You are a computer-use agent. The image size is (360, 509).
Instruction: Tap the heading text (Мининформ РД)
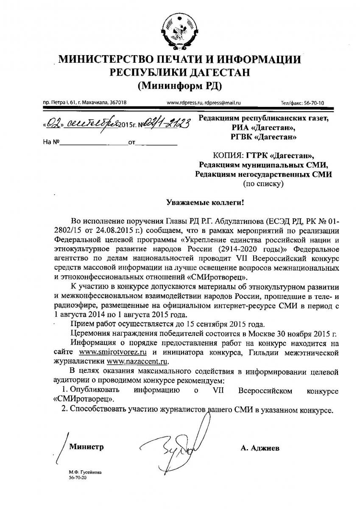coord(180,86)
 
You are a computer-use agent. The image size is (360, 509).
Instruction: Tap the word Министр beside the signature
coord(87,447)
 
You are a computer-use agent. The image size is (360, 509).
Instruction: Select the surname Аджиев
coord(260,447)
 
